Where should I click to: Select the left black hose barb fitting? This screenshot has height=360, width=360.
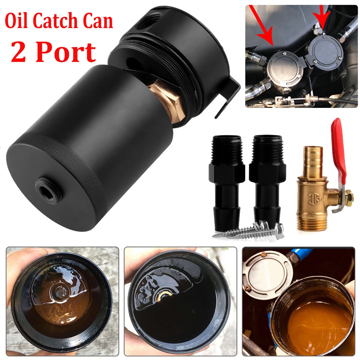(x=226, y=180)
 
